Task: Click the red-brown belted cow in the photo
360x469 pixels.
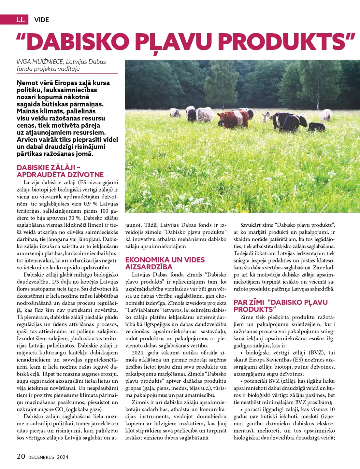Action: tap(232, 118)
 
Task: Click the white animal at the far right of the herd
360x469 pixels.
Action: tap(326, 115)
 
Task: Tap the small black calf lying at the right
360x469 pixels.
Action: tap(317, 127)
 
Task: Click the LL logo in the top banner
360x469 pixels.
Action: tap(20, 20)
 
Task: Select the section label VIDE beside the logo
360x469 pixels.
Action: tap(41, 20)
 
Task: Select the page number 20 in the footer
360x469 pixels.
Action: tap(21, 456)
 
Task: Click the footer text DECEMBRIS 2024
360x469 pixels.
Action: tap(48, 457)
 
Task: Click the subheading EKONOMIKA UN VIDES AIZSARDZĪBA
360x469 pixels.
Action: tap(165, 263)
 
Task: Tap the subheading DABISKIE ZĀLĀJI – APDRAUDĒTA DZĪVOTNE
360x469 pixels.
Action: tap(60, 171)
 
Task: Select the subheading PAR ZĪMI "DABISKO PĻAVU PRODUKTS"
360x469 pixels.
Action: tap(281, 306)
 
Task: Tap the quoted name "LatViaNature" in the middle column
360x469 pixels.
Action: tap(142, 310)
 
